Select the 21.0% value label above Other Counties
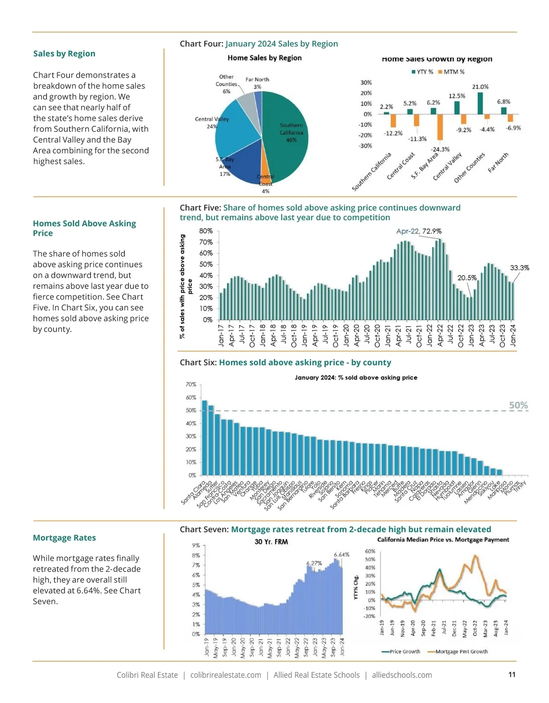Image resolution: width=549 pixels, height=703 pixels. [x=480, y=87]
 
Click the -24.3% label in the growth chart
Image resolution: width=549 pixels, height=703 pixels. [x=440, y=149]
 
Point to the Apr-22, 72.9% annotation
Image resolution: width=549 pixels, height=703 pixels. [x=419, y=231]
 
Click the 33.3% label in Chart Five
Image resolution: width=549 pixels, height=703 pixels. [x=519, y=268]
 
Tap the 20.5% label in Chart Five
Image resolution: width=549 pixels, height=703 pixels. [x=467, y=278]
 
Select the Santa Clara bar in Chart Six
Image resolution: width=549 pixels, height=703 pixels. [x=205, y=437]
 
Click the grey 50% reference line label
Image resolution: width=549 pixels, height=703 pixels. [x=518, y=405]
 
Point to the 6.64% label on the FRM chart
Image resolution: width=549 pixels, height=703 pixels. [x=341, y=555]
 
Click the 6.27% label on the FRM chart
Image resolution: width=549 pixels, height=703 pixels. [x=314, y=563]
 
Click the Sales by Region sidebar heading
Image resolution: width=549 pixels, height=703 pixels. [x=64, y=54]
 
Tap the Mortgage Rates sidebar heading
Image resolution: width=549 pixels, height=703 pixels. [x=64, y=538]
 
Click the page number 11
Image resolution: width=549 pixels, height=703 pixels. [x=512, y=674]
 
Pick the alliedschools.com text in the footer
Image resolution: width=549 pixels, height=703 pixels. [x=402, y=675]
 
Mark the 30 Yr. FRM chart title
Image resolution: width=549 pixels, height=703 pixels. [x=271, y=542]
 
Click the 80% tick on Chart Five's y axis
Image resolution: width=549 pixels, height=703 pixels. [x=206, y=231]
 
